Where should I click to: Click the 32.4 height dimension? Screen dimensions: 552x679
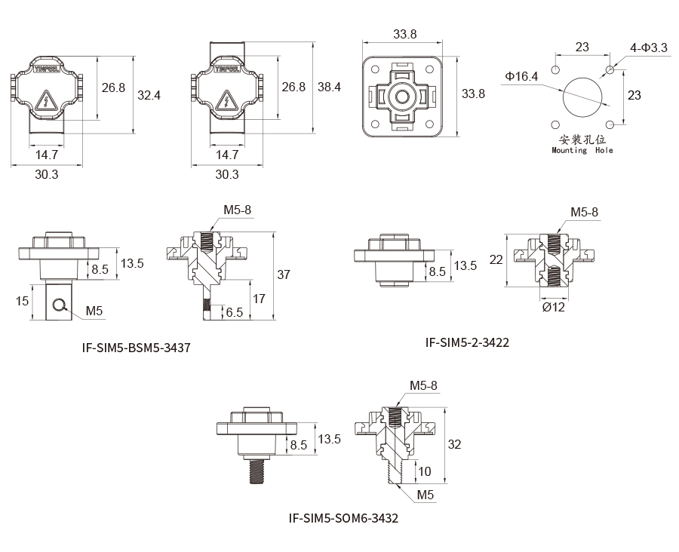[149, 96]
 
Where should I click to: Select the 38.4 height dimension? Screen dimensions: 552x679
[329, 87]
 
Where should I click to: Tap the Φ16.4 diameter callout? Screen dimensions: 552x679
[522, 76]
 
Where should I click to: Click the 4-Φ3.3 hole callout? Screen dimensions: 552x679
[649, 48]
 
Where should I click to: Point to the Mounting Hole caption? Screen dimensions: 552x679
[582, 150]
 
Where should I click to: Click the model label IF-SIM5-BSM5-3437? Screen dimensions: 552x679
[136, 348]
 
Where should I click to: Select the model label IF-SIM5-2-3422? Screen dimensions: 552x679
[467, 342]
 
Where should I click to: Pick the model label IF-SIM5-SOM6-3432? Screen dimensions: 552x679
[343, 519]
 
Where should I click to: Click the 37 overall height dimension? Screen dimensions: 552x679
[284, 275]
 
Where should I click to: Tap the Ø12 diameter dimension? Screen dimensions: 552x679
[554, 308]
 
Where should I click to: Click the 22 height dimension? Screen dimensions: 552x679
[496, 259]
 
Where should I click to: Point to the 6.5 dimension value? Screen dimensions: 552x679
[234, 311]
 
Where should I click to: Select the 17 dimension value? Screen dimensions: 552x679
[258, 299]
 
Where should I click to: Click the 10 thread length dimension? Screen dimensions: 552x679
[423, 471]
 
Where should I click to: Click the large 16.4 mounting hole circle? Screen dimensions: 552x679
[582, 97]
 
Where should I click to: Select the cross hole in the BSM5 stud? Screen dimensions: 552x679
[57, 304]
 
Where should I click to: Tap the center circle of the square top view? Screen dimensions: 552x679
[400, 97]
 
